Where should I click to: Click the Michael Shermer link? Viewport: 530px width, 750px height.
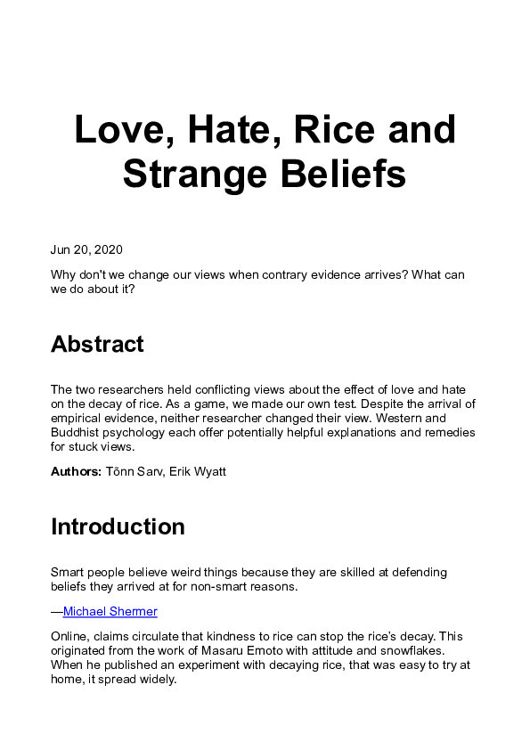click(x=110, y=611)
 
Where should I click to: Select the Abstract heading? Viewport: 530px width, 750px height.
click(x=97, y=344)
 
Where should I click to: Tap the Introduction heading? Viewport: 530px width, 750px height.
click(x=118, y=526)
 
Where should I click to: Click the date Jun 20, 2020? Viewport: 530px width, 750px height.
click(x=86, y=249)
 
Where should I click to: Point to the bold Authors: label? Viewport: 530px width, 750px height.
click(x=76, y=471)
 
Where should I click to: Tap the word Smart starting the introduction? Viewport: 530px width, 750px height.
click(x=68, y=571)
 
